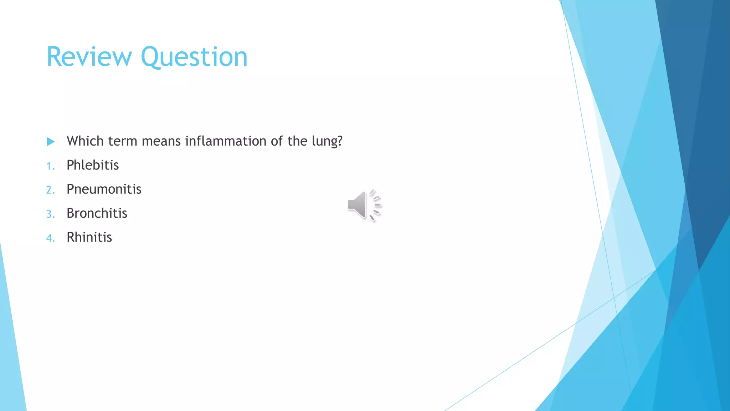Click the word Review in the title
coord(89,57)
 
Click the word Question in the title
coord(194,57)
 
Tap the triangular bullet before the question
coord(51,142)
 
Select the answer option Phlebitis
coord(93,165)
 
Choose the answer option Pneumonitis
coord(104,189)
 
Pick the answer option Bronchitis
coord(97,213)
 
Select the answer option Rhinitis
coord(89,237)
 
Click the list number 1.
coord(50,166)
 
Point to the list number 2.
coord(50,190)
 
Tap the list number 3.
coord(50,214)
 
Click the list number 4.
coord(50,238)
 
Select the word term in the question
coord(123,142)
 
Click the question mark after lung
coord(340,141)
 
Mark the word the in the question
coord(297,141)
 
